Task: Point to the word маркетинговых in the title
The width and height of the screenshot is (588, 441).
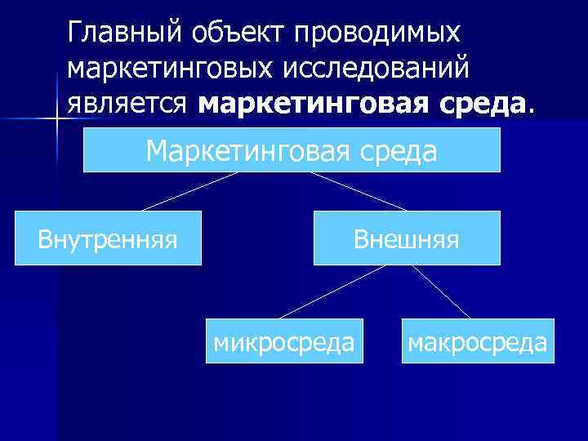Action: (x=167, y=69)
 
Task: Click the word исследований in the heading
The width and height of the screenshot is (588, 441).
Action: (x=375, y=69)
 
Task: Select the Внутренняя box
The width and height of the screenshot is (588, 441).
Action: (x=108, y=238)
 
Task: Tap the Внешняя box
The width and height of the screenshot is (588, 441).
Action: (x=406, y=238)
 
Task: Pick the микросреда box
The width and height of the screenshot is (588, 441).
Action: (x=284, y=341)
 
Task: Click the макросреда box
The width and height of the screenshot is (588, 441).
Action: (x=476, y=341)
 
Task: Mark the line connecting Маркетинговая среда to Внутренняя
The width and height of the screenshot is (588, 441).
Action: (x=189, y=191)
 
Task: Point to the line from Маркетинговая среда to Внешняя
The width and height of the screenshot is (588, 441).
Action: (x=359, y=191)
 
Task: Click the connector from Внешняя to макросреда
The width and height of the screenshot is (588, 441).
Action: (x=443, y=292)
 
